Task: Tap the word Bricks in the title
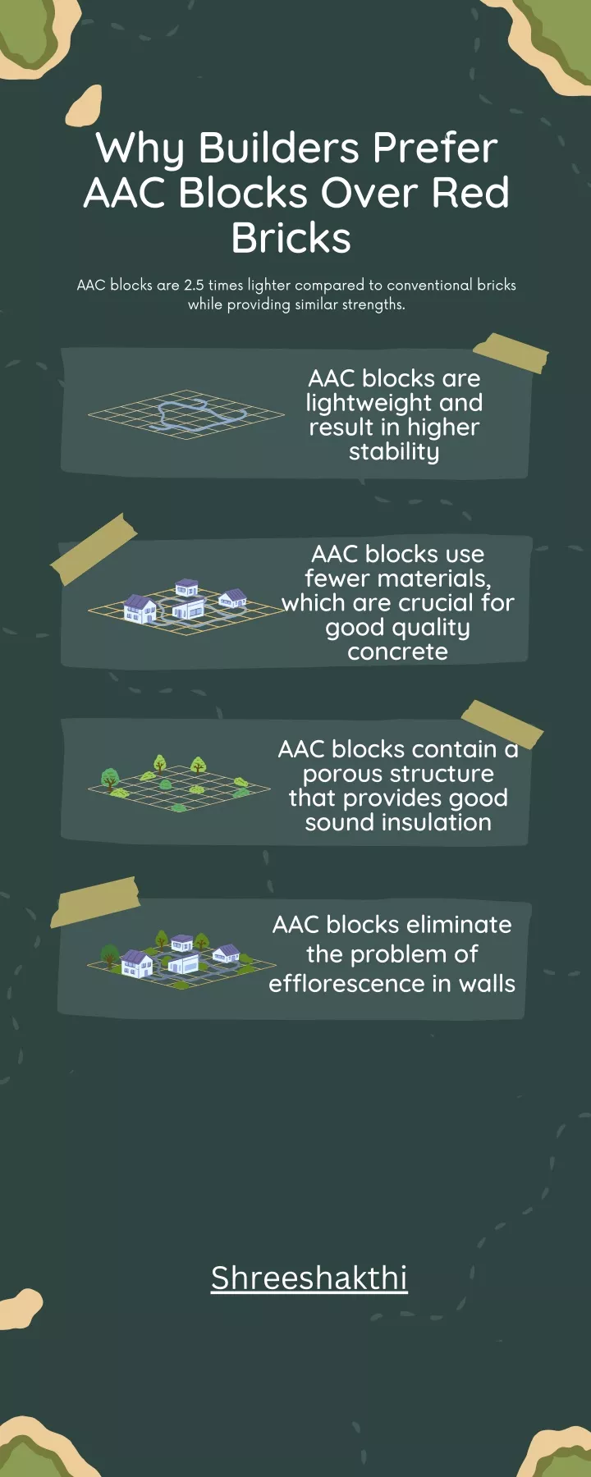tap(291, 238)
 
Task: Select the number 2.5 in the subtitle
tap(194, 285)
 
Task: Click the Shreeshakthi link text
tap(309, 1278)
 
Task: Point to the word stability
tap(394, 452)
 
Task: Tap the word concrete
tap(397, 652)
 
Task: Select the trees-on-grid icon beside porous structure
tap(179, 784)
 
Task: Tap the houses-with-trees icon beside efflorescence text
tap(182, 959)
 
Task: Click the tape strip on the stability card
tap(511, 353)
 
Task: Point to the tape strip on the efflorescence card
tap(95, 901)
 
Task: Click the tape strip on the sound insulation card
tap(502, 724)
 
